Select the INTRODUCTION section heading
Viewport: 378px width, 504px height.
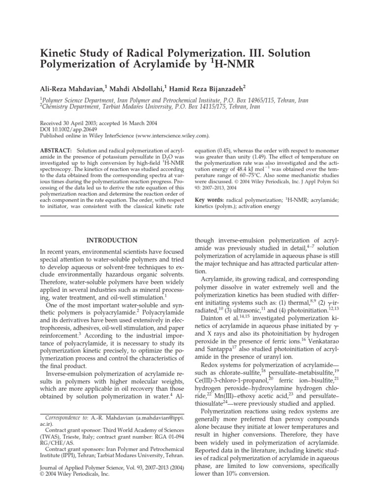click(112, 240)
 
